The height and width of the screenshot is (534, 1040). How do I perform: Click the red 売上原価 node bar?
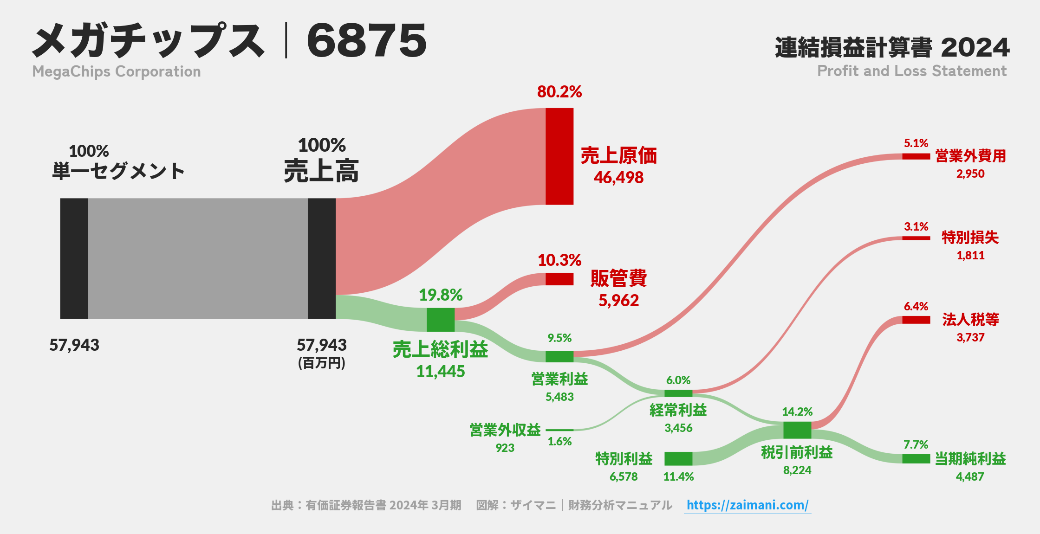tap(559, 156)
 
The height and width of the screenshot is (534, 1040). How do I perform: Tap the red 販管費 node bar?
tap(559, 279)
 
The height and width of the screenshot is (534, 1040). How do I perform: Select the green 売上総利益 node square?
tap(441, 320)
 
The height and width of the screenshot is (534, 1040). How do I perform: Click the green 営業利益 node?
tap(559, 356)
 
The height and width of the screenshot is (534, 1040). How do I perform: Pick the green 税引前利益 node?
tap(797, 430)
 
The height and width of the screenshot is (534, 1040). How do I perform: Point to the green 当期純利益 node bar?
tap(916, 458)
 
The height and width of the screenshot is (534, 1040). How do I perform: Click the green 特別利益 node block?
tap(678, 458)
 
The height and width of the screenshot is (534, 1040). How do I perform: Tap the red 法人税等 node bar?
tap(916, 320)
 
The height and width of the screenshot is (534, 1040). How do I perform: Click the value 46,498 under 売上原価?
tap(618, 178)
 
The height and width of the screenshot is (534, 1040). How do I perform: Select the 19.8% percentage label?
tap(441, 295)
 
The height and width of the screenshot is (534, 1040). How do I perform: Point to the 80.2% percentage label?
tap(559, 92)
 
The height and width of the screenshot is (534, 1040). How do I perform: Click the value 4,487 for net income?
tap(970, 476)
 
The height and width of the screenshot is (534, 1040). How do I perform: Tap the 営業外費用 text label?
tap(970, 156)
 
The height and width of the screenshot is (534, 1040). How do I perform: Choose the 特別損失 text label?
tap(970, 238)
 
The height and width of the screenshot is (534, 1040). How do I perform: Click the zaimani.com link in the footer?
tap(747, 505)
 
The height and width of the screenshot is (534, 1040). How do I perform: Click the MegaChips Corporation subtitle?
tap(117, 71)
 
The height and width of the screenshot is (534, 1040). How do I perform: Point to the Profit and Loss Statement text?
tap(912, 71)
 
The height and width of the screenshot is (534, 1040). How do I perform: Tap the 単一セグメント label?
tap(118, 171)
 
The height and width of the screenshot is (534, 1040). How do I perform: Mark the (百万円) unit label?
tap(321, 363)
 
